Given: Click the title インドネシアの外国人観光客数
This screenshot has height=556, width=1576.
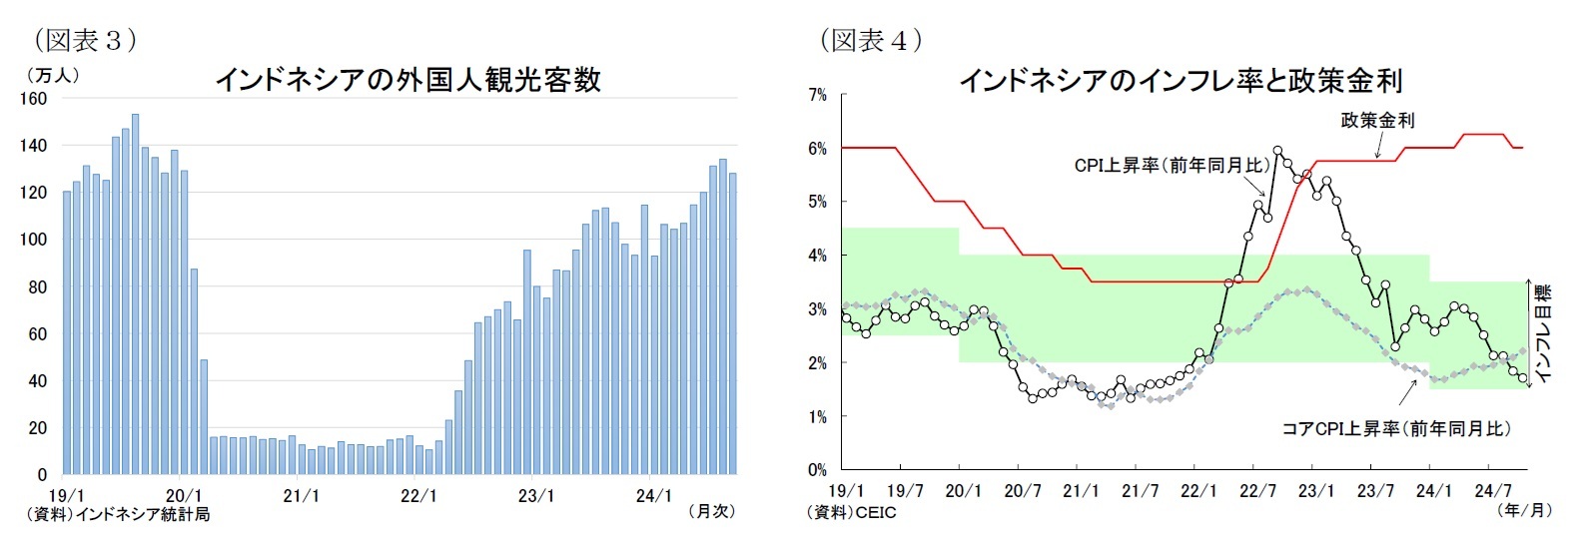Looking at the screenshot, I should tap(407, 80).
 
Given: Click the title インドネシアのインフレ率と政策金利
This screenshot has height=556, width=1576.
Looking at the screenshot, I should tap(1181, 80).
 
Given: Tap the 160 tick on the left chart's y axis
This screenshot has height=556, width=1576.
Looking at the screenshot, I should tap(33, 98).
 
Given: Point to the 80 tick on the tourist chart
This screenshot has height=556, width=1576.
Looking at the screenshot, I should tap(37, 286).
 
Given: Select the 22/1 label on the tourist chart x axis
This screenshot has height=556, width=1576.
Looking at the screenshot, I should tap(418, 495).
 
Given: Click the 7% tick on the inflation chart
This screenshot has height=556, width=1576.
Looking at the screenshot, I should tap(817, 95).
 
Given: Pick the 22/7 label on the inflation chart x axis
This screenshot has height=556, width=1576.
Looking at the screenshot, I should tap(1257, 490).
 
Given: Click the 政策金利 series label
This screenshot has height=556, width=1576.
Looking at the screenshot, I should tap(1377, 120).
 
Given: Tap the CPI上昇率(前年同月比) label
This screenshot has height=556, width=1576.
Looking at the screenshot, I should tap(1172, 165).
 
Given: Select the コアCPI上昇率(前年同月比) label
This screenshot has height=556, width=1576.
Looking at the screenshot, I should tap(1396, 428).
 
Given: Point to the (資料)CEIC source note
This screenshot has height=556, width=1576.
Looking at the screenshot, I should tap(851, 512).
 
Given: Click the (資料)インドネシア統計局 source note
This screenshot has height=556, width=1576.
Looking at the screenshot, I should tap(118, 514).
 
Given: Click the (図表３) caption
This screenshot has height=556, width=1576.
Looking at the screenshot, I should tap(85, 40).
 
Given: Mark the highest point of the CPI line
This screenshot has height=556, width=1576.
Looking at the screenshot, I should tap(1277, 151).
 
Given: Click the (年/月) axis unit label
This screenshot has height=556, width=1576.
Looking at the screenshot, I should tap(1525, 510).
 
